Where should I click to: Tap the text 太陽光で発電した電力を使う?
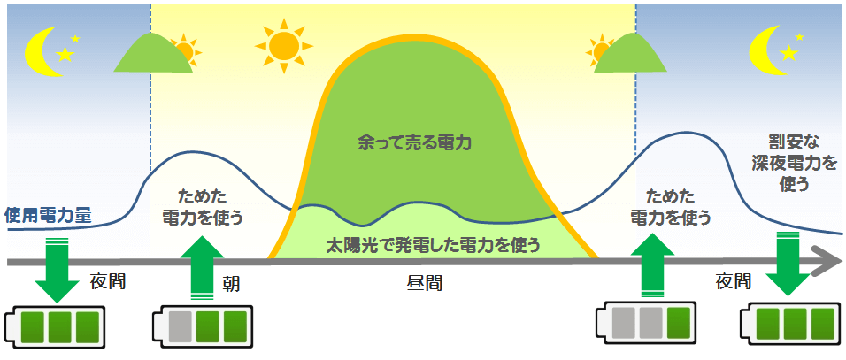(x=434, y=243)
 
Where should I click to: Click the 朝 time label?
(x=231, y=284)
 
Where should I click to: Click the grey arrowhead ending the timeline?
(x=827, y=262)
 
